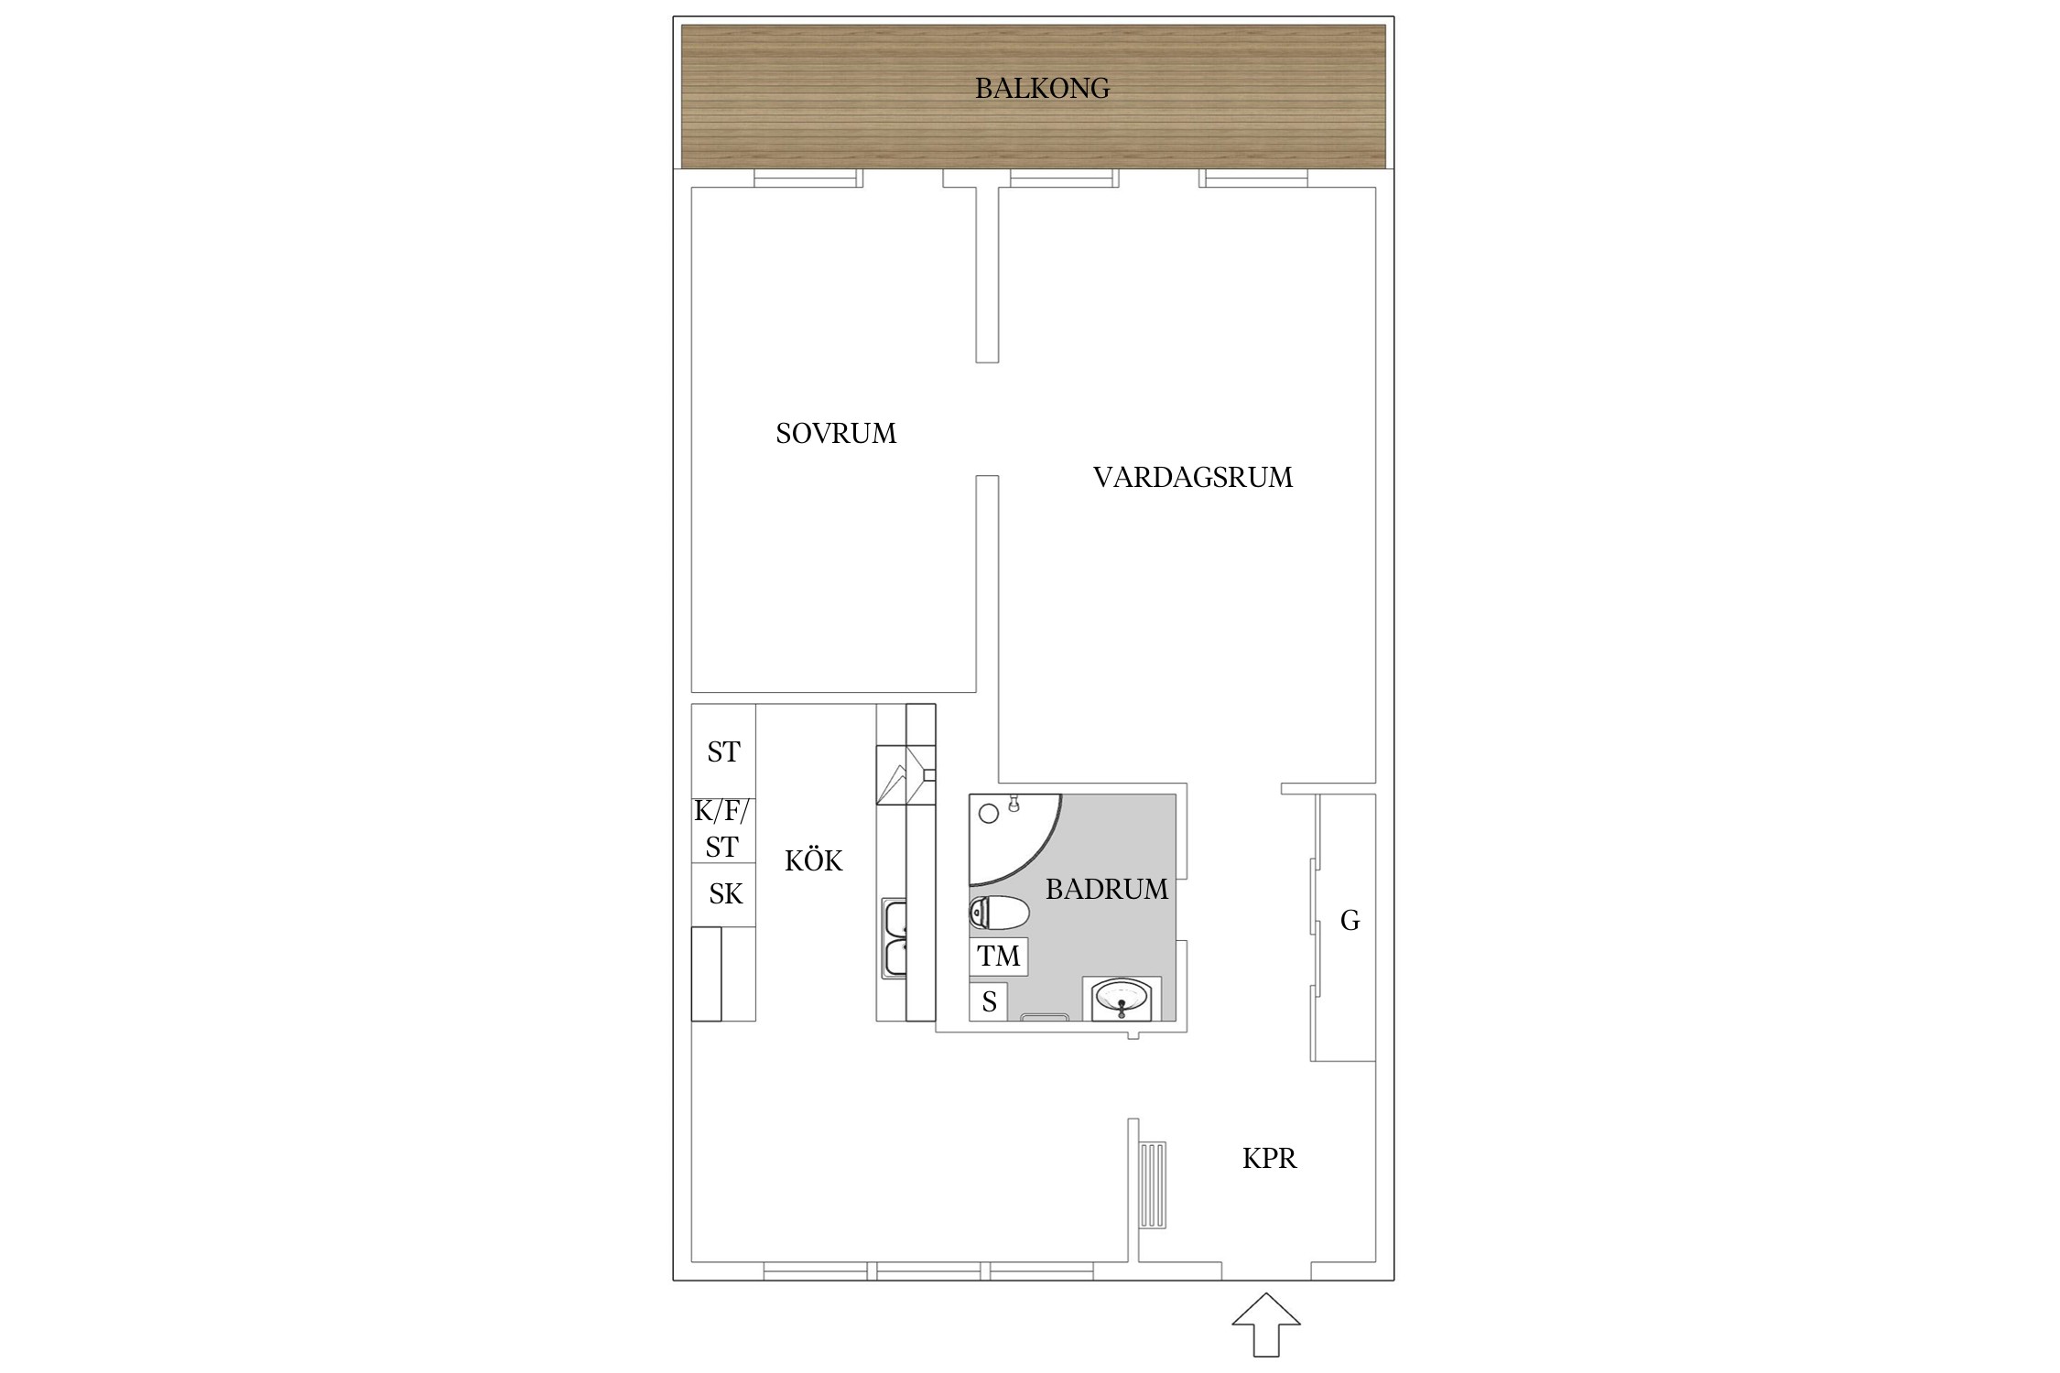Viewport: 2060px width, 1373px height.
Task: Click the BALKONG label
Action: pos(1042,89)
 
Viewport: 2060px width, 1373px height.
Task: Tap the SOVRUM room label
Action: pos(836,433)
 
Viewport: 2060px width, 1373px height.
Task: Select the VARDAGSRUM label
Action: pos(1192,477)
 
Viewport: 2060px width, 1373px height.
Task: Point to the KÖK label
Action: pos(813,860)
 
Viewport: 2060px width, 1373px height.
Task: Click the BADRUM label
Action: pos(1106,889)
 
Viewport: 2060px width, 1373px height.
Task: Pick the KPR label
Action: pos(1269,1159)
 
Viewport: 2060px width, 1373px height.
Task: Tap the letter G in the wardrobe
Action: pos(1350,920)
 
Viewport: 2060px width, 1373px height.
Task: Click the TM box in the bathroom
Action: pos(998,957)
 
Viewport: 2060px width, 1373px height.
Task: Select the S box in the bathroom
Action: pos(989,1002)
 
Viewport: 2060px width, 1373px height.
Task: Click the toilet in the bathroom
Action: pos(998,913)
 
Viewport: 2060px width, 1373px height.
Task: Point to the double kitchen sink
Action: pos(894,938)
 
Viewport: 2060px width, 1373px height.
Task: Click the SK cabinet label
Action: pos(725,894)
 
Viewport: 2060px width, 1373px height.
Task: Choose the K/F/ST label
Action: pos(722,828)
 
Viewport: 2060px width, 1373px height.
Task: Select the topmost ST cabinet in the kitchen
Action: pos(723,751)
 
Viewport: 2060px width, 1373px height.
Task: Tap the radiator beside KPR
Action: pos(1153,1184)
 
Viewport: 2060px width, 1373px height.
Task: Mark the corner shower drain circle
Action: pos(989,813)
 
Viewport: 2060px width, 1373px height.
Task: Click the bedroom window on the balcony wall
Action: pos(807,178)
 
